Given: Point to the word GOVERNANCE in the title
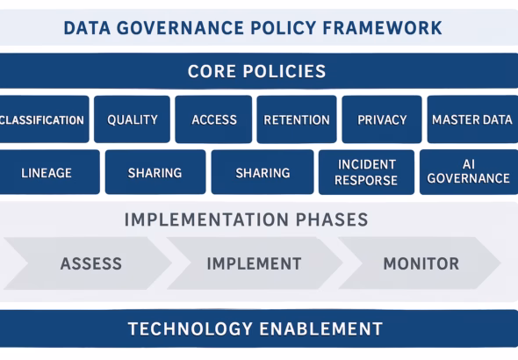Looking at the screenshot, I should pos(176,27).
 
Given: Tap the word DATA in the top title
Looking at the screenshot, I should pos(87,27).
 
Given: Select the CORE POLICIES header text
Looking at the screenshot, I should pos(256,71).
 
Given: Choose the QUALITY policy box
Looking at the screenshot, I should pos(133,119).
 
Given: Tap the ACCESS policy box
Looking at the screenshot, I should pos(213,119).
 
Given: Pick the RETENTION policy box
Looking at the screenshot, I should pos(297,119).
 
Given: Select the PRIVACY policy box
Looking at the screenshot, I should pos(382,119).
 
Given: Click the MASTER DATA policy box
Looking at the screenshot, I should pos(472,119).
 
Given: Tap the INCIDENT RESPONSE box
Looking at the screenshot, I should pos(366,172).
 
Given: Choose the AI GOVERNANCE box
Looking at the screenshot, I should pos(469,172).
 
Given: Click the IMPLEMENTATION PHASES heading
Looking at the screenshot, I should pos(246,219).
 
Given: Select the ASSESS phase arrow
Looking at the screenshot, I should pos(90,263).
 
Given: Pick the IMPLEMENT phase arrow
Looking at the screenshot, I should pos(254,263).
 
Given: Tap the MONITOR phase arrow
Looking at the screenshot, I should pos(421,263).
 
